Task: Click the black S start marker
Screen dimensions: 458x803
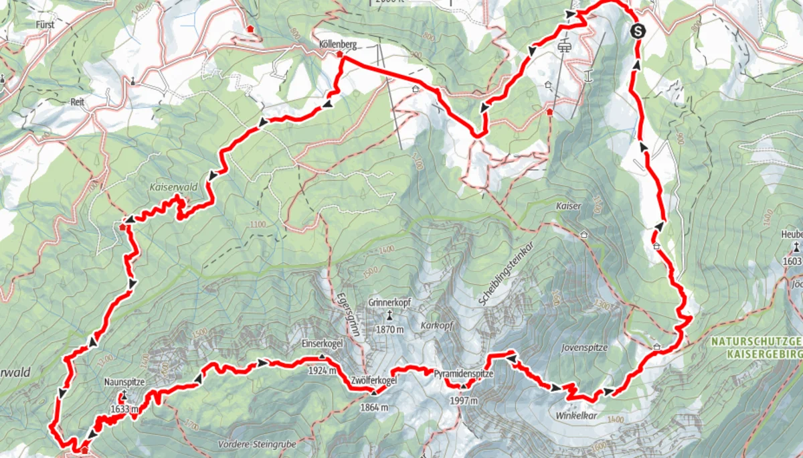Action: pos(638,30)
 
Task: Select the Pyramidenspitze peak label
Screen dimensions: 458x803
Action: pos(464,374)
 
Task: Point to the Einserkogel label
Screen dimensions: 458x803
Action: pos(323,343)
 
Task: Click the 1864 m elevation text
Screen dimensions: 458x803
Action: pos(373,407)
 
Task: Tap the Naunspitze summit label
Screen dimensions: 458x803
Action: pos(125,382)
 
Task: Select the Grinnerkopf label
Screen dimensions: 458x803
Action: pos(389,303)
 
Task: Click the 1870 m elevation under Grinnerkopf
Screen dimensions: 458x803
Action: pos(389,329)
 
